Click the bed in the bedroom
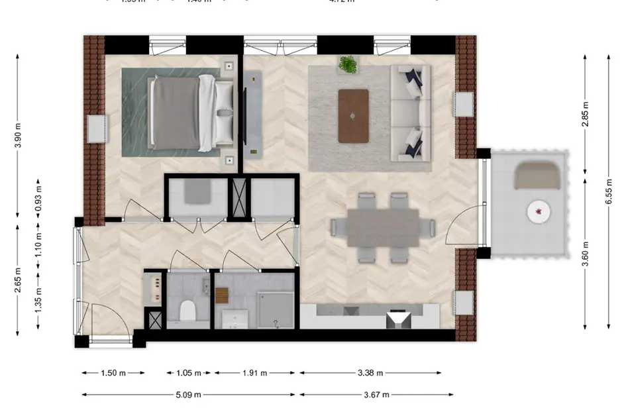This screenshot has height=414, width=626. click(189, 113)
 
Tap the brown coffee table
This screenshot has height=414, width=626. click(353, 116)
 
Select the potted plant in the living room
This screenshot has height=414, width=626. click(348, 65)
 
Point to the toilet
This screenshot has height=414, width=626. click(187, 309)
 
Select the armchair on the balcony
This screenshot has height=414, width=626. click(537, 175)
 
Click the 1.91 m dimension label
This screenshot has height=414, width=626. click(254, 373)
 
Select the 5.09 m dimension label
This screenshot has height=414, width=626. click(188, 395)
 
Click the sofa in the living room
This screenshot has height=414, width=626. click(411, 113)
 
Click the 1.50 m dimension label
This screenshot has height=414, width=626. click(113, 373)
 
